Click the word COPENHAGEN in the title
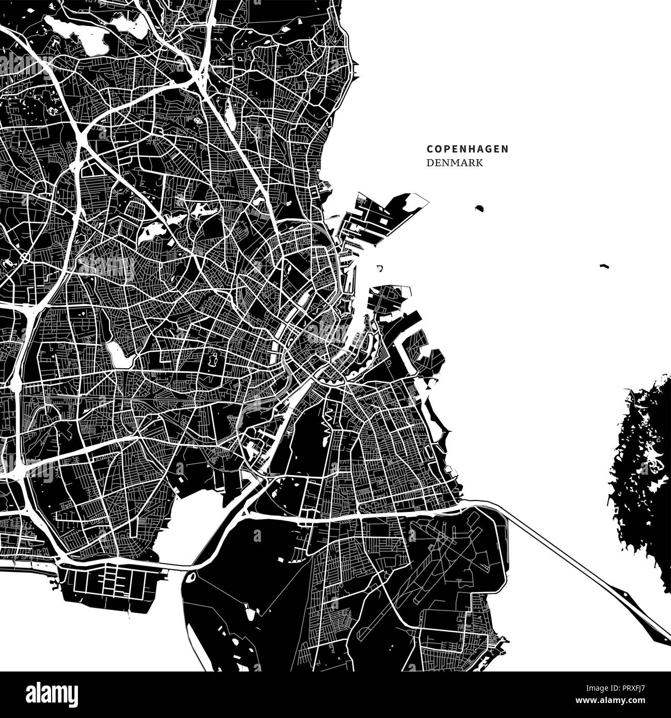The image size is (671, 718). tap(467, 149)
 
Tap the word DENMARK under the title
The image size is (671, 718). tap(455, 163)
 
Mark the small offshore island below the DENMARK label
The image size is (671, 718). tap(479, 209)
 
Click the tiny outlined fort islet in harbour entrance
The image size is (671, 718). tap(380, 269)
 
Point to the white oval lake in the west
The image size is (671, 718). tap(116, 353)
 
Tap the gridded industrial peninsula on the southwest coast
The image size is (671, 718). tap(111, 581)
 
